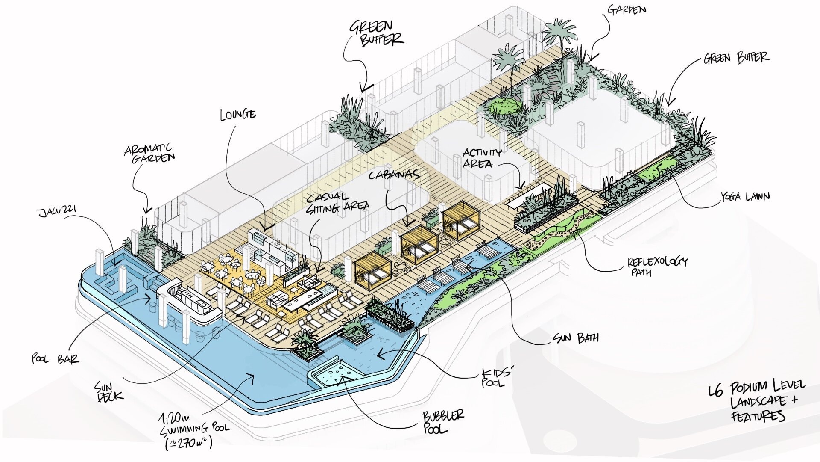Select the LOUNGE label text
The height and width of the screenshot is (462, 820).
[238, 115]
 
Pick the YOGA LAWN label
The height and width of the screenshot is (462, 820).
[745, 197]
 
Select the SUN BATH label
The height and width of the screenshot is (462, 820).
[576, 338]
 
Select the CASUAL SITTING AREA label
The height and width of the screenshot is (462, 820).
[337, 203]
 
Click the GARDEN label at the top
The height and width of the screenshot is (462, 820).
[627, 10]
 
